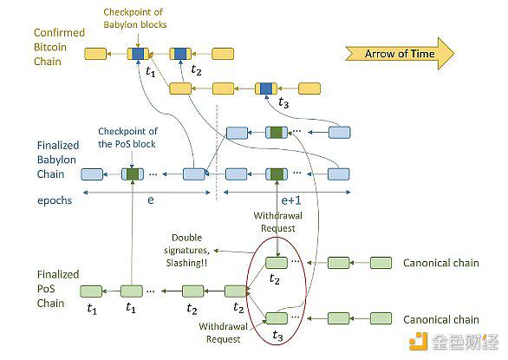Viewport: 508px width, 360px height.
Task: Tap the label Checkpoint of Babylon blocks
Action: [x=134, y=18]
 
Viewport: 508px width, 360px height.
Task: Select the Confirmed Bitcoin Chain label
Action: [x=59, y=47]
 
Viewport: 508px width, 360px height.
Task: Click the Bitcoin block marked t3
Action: [x=266, y=88]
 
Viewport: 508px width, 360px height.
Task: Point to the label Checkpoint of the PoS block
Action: [x=127, y=138]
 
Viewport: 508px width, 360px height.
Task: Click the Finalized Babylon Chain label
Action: [x=58, y=160]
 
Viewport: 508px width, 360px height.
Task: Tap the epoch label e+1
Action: [x=291, y=200]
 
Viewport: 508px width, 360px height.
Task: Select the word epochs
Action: [x=55, y=200]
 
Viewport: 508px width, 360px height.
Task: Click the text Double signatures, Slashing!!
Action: [x=187, y=250]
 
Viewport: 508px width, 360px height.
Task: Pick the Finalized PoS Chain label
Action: [x=58, y=289]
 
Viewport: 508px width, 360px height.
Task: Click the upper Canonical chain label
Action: [x=441, y=263]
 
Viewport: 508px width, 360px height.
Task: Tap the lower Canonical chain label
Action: [x=441, y=319]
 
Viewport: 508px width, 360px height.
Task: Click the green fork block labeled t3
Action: [x=277, y=318]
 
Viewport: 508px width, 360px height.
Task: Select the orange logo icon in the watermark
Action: [x=418, y=342]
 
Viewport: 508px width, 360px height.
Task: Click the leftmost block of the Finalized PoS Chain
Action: [x=91, y=291]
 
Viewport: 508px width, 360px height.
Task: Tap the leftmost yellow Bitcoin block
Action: [x=95, y=54]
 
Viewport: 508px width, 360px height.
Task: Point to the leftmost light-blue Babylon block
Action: [x=92, y=174]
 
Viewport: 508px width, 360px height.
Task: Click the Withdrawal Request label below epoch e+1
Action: [x=278, y=222]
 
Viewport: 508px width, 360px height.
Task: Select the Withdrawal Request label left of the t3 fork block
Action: [x=223, y=333]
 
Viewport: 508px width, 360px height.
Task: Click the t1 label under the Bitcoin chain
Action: [x=150, y=71]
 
